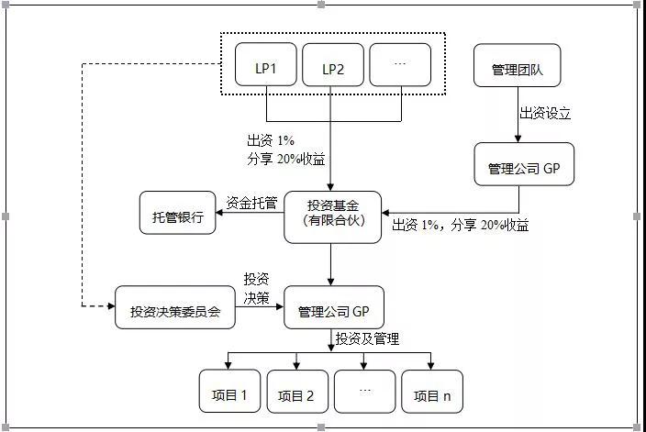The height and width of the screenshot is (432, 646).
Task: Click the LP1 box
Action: pos(266,64)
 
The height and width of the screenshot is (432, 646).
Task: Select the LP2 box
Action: pos(333,64)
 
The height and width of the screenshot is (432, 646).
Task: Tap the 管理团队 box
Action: pos(517,65)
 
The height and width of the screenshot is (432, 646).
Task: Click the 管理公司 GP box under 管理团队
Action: pos(524,164)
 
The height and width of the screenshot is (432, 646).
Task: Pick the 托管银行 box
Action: pos(178,213)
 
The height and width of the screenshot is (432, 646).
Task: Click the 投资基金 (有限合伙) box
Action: pos(333,217)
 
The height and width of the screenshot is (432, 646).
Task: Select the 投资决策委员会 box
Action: pos(175,307)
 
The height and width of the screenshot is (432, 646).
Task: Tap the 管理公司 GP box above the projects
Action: pos(334,307)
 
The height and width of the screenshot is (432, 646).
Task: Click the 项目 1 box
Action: pos(230,392)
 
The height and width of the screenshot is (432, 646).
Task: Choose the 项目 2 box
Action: pos(297,392)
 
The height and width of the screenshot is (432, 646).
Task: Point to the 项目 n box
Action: pos(432,392)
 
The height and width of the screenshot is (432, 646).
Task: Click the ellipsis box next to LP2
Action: pos(400,64)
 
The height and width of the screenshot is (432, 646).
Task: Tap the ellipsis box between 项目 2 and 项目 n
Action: pos(364,392)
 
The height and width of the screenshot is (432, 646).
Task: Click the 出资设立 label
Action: pos(545,113)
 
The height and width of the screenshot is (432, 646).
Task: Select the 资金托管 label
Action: pos(251,203)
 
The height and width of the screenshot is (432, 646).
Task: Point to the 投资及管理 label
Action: pos(367,338)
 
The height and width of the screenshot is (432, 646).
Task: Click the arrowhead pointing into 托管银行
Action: pos(219,213)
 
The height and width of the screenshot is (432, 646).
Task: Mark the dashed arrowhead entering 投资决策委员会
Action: pos(111,306)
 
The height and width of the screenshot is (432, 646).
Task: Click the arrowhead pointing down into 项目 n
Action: pos(430,366)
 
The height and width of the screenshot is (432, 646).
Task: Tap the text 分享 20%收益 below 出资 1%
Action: pos(286,159)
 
